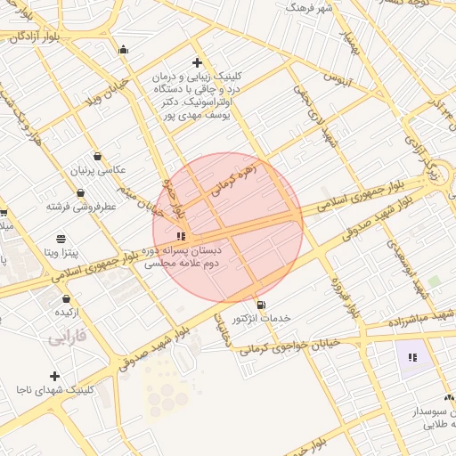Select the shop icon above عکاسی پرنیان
97,156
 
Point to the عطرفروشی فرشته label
82,207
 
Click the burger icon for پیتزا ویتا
61,239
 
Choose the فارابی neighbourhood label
68,338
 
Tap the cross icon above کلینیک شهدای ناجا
55,376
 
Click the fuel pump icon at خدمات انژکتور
260,305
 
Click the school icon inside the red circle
182,236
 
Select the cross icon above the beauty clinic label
197,62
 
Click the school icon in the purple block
412,357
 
